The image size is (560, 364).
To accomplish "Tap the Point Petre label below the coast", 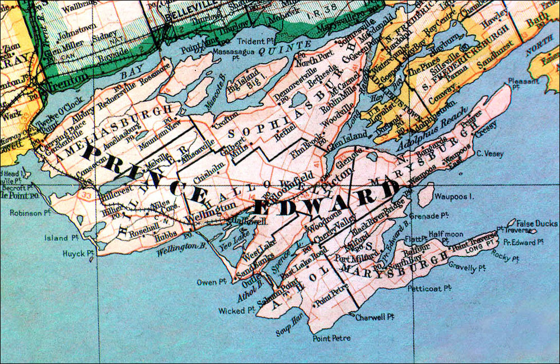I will coord(332,338).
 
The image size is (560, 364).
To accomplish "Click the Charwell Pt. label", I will coord(375,317).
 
